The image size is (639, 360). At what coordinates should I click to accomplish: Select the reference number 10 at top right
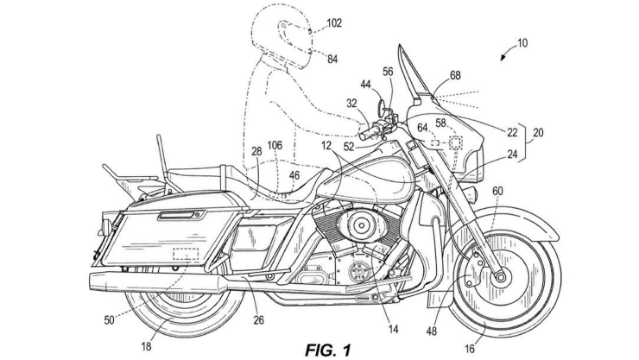coord(523,43)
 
